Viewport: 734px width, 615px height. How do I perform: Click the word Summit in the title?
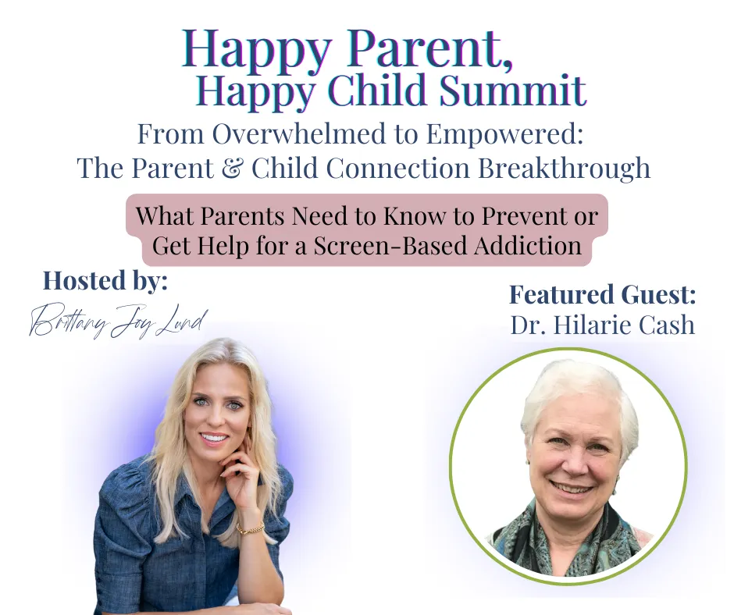[512, 90]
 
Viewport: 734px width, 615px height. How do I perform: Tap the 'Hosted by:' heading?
[105, 281]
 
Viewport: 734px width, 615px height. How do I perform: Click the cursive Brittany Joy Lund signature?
[118, 321]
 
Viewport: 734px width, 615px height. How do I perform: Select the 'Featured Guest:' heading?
[603, 295]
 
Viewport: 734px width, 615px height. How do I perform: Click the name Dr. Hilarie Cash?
[603, 325]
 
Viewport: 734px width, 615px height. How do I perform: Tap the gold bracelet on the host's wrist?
[251, 528]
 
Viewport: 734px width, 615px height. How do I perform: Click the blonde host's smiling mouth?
[215, 439]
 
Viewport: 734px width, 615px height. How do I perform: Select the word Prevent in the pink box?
[521, 216]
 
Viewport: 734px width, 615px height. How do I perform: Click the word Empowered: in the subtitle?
[504, 135]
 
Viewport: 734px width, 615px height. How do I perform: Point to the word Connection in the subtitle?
[398, 168]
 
